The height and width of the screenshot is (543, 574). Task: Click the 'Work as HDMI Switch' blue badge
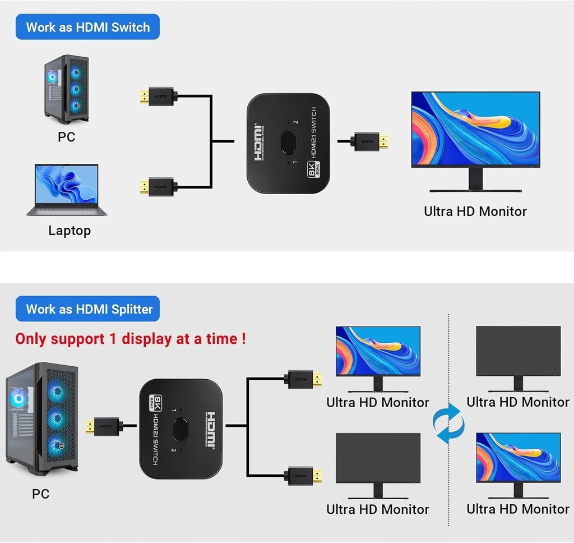coord(87,27)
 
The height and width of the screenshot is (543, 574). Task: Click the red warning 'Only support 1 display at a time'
coord(130,339)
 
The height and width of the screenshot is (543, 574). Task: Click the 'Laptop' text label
coord(69,231)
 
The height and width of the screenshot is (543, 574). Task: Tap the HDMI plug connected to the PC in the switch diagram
coord(156,96)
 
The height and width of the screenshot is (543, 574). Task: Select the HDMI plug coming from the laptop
coord(156,186)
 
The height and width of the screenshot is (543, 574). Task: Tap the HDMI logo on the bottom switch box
coord(211,430)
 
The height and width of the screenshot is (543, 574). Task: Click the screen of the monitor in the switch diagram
coord(475,129)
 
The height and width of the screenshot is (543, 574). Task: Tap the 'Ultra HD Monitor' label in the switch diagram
coord(475,211)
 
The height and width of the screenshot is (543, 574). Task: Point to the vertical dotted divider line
coord(448,365)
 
